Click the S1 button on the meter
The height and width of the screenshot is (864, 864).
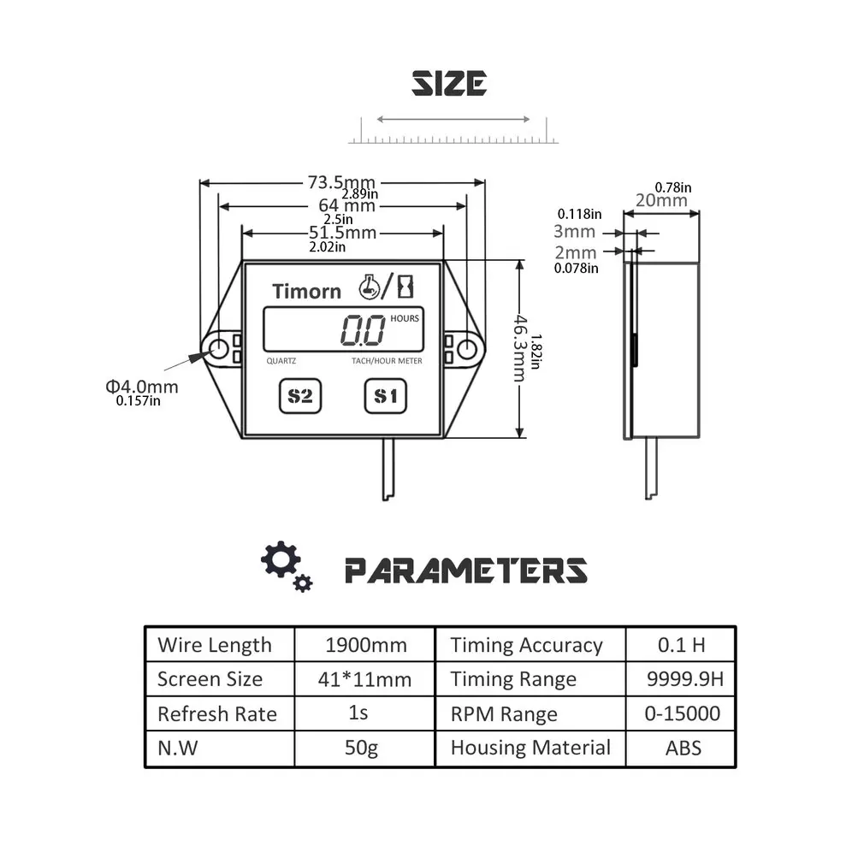tap(385, 396)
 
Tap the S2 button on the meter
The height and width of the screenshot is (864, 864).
tap(299, 396)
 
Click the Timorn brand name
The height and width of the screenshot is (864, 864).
tap(306, 291)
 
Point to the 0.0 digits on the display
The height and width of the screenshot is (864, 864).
tap(363, 329)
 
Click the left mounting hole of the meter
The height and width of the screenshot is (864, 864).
tap(218, 348)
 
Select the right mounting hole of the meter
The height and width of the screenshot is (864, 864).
tap(466, 348)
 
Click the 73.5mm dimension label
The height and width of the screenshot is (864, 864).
tap(341, 182)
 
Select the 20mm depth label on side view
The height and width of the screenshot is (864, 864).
tap(661, 200)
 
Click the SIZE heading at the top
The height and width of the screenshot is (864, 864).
tap(449, 84)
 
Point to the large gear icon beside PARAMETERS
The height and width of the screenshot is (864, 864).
tap(280, 559)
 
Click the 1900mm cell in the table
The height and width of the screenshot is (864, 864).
tap(366, 645)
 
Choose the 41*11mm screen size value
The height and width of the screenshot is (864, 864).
tap(364, 680)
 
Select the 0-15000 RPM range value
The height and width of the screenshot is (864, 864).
tap(683, 713)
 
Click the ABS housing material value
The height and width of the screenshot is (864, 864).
tap(683, 748)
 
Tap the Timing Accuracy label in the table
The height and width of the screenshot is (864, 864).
tap(526, 645)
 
